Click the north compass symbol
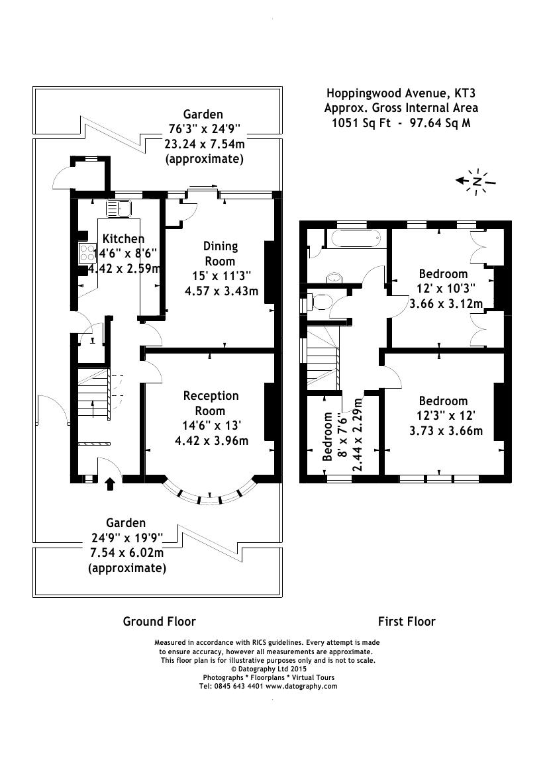(476, 181)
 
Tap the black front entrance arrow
(110, 484)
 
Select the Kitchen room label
(123, 238)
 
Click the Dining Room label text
(220, 253)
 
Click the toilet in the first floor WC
(321, 303)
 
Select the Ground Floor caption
(159, 621)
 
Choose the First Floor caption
(407, 621)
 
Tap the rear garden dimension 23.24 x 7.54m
(203, 143)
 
